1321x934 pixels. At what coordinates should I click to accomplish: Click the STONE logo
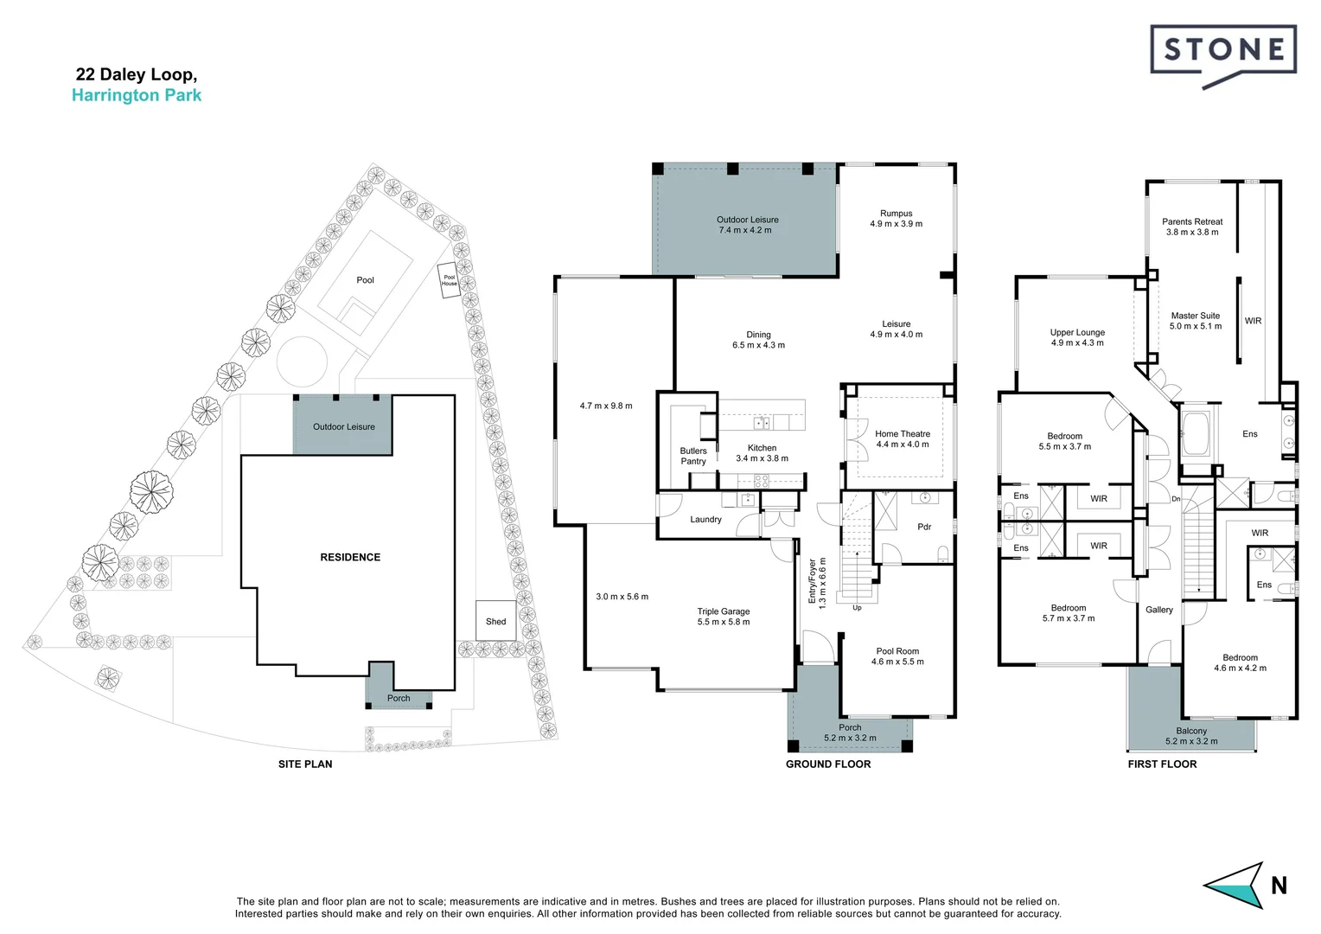[x=1222, y=54]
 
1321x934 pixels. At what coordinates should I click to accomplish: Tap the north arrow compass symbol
[x=1234, y=885]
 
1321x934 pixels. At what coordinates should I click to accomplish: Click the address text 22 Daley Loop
[x=137, y=74]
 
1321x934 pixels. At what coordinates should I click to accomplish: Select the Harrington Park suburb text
[x=137, y=95]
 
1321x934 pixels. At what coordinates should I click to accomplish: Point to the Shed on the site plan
[x=495, y=621]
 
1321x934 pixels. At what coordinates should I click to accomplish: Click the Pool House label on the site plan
[x=449, y=280]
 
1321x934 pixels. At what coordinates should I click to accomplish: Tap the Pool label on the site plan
[x=366, y=280]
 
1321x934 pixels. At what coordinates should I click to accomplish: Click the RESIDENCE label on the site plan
[x=350, y=557]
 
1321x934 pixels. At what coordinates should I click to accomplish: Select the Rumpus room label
[x=896, y=214]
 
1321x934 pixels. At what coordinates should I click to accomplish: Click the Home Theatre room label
[x=903, y=434]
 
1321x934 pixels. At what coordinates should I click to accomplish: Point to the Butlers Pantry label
[x=693, y=456]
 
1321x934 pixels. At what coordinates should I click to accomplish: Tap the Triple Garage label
[x=724, y=611]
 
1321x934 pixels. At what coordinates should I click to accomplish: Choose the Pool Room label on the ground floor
[x=897, y=651]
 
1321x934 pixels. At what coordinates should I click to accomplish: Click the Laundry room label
[x=705, y=520]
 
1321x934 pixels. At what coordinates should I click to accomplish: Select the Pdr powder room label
[x=924, y=527]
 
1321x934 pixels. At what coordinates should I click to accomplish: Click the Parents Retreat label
[x=1192, y=221]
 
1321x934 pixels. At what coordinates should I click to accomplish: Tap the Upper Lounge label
[x=1077, y=332]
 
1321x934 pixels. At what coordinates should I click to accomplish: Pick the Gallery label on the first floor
[x=1159, y=610]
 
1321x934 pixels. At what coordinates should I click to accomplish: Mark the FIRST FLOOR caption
[x=1162, y=764]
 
